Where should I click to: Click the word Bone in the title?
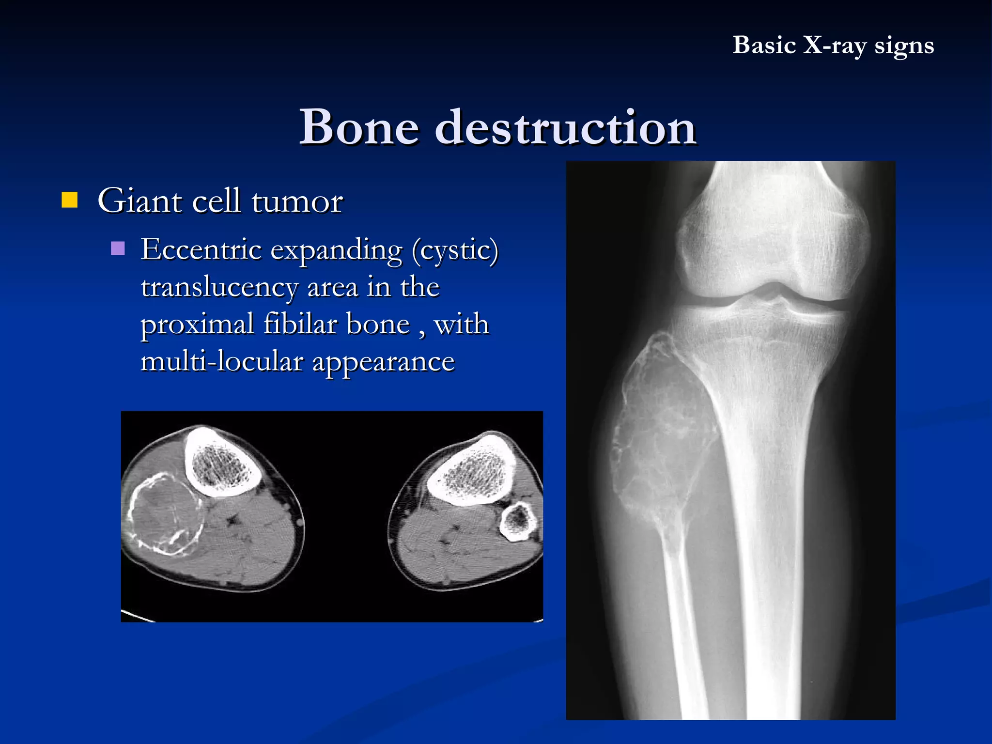[359, 127]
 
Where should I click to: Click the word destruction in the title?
[565, 127]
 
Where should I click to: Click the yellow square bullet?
[70, 200]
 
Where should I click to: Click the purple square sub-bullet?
[118, 248]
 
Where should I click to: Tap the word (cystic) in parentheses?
[455, 250]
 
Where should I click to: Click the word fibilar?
[300, 324]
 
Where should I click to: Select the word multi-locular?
[222, 361]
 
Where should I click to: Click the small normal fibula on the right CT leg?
[518, 521]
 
